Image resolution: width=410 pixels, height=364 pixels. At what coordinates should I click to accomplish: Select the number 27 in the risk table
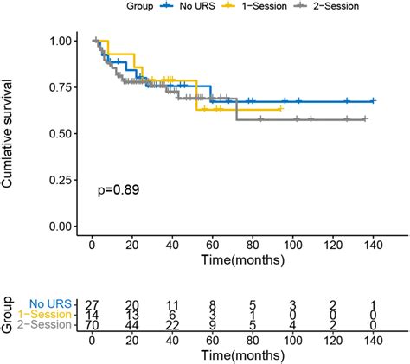(93, 304)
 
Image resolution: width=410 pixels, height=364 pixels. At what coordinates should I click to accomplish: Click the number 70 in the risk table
(93, 325)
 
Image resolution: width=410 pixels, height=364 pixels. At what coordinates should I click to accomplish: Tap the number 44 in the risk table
(132, 325)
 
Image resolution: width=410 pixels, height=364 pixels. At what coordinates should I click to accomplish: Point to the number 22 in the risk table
(172, 325)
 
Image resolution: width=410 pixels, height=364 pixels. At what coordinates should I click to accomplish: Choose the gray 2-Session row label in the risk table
(48, 325)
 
